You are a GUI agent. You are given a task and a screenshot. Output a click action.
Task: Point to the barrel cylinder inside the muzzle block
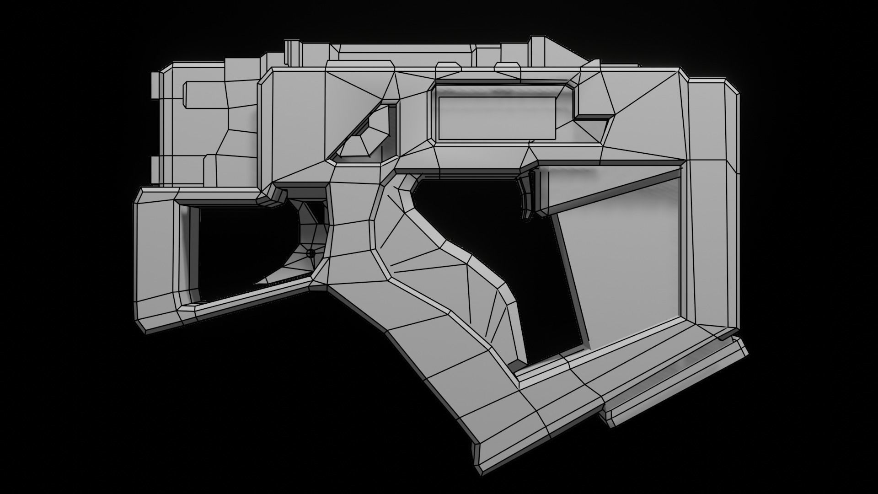[x=206, y=95]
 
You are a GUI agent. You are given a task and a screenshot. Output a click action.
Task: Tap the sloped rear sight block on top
[x=549, y=53]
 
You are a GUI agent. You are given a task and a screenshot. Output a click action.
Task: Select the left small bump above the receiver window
[x=448, y=69]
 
